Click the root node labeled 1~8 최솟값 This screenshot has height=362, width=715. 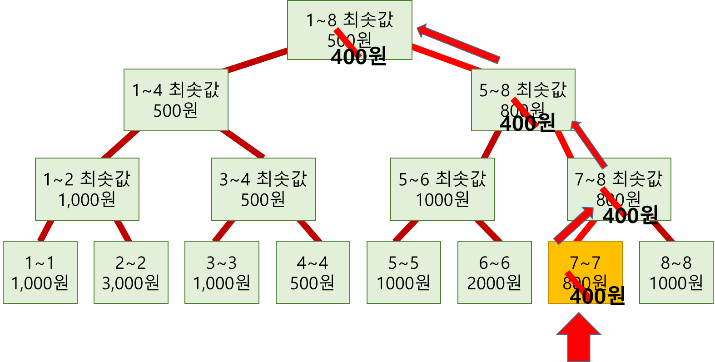tap(349, 30)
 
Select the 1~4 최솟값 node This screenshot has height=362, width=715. tap(176, 100)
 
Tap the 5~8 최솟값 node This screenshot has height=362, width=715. tap(523, 100)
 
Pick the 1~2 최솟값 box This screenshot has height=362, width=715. tap(87, 189)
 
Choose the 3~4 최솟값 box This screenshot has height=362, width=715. tap(263, 189)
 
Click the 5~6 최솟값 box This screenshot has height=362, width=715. tap(442, 189)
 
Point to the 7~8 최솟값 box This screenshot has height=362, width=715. tap(619, 189)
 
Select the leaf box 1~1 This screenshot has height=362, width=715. tap(40, 272)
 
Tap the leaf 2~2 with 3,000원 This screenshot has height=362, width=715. tap(131, 272)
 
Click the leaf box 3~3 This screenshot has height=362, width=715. tap(222, 272)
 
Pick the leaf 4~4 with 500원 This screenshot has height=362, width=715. tap(313, 272)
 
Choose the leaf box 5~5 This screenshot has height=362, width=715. tap(403, 272)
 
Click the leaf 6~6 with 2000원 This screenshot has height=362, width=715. tap(494, 272)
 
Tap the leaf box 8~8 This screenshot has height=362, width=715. tap(676, 272)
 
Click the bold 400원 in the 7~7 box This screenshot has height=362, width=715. tap(595, 296)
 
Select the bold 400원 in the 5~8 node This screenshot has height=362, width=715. tap(527, 123)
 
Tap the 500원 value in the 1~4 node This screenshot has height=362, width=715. tap(175, 110)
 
